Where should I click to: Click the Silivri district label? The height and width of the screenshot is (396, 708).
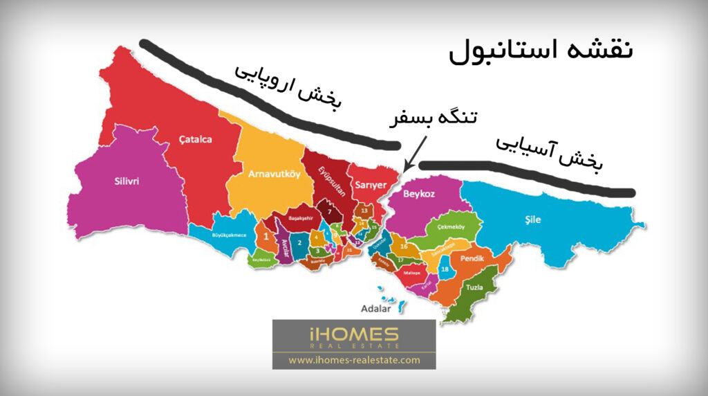point(127,183)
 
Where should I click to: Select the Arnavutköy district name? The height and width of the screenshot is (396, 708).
point(273,174)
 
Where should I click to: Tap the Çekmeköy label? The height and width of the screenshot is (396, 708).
point(451,226)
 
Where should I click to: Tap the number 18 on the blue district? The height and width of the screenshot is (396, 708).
point(445,269)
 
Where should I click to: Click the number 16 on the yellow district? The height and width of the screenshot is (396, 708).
point(404,246)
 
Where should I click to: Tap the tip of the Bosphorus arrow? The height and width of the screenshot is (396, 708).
point(404,170)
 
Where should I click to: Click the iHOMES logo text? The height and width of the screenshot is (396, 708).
point(353,334)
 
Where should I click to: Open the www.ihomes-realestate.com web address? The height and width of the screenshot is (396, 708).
point(354,360)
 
